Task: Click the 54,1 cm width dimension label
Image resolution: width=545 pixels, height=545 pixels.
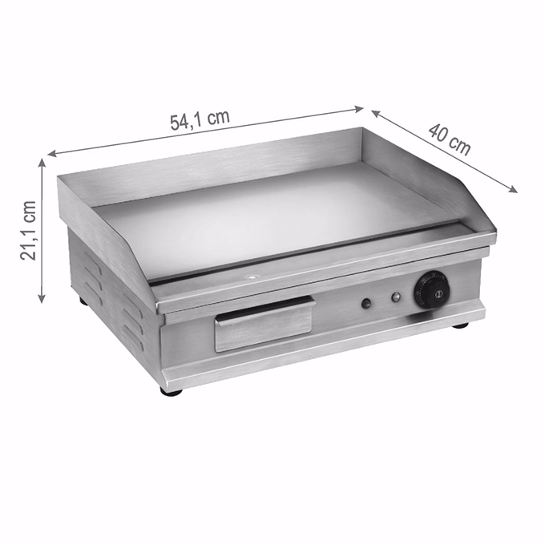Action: click(x=200, y=120)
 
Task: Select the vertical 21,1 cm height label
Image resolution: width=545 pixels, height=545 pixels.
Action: click(x=28, y=230)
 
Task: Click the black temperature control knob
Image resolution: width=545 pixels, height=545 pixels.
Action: click(x=431, y=289)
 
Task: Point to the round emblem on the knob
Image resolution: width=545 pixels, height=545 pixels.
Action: click(x=438, y=295)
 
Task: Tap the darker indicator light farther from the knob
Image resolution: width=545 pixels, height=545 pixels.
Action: click(x=366, y=304)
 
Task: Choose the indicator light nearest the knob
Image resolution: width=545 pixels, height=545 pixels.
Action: click(x=396, y=297)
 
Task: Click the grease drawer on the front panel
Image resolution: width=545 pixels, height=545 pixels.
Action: click(x=264, y=323)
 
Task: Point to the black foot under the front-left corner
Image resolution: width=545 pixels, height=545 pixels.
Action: click(x=171, y=391)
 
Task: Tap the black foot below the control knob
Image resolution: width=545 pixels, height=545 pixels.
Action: click(x=460, y=325)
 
